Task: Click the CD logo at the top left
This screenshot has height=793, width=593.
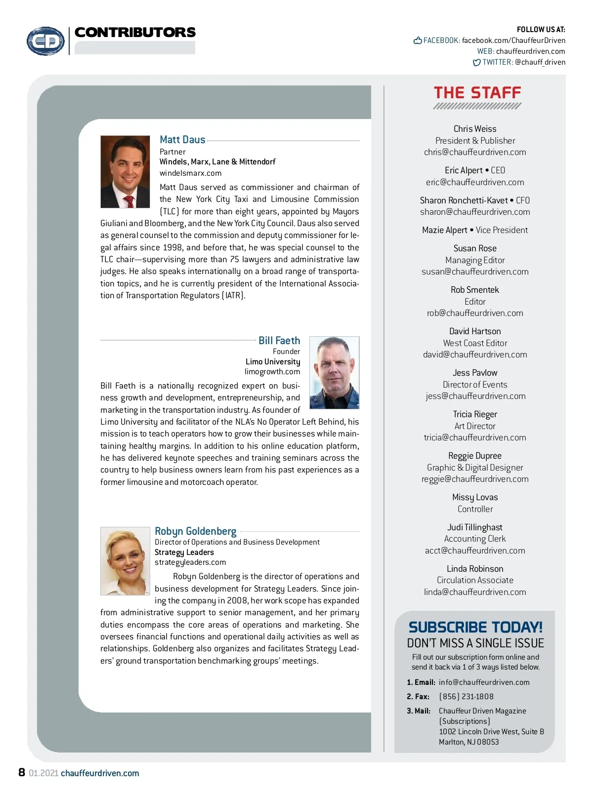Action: [45, 41]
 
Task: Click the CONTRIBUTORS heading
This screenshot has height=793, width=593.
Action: [135, 33]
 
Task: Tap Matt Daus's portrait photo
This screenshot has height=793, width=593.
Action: [125, 172]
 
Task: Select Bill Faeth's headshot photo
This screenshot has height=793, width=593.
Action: [334, 373]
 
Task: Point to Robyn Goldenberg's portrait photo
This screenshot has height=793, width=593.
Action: [125, 561]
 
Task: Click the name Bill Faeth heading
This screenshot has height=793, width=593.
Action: [279, 341]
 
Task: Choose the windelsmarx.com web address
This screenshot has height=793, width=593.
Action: [190, 173]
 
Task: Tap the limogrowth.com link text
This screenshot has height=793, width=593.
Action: [272, 372]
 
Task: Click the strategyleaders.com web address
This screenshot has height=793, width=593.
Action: [190, 562]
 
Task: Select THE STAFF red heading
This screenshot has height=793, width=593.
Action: [477, 93]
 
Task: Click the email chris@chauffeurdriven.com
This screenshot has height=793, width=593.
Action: [475, 153]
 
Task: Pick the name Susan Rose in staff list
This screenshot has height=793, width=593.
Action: [475, 248]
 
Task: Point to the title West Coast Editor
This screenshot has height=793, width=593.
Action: [475, 343]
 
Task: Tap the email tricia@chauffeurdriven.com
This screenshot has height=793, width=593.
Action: [475, 437]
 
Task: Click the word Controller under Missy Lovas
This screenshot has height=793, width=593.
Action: [475, 509]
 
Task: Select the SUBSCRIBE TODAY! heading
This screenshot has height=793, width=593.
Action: [475, 627]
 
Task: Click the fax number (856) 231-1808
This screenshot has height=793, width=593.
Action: [466, 697]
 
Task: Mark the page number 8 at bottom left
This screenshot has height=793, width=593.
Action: [22, 772]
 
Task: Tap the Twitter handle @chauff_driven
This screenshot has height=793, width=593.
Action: [540, 62]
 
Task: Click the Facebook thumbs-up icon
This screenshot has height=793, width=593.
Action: [418, 40]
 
